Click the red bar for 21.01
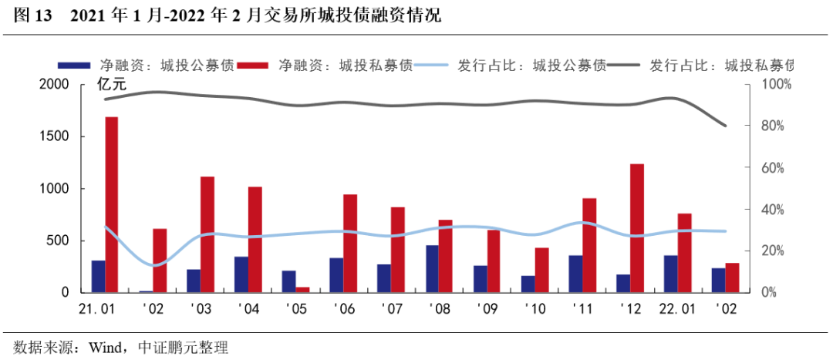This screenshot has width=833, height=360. (x=111, y=204)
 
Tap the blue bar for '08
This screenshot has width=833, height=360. (x=433, y=269)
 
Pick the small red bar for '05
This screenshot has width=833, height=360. (x=303, y=290)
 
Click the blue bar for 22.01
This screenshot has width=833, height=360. (x=670, y=274)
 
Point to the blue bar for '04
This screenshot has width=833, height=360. (x=241, y=274)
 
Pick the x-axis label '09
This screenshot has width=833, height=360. (x=487, y=308)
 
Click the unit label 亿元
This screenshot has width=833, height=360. (x=113, y=84)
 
